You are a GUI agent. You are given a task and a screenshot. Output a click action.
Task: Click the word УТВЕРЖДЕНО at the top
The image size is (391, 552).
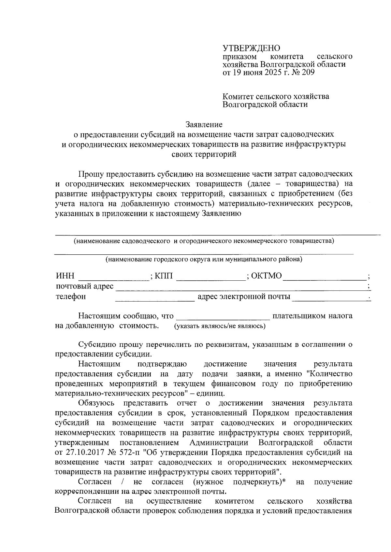251,48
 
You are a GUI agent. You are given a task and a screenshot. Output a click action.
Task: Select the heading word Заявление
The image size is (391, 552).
204,124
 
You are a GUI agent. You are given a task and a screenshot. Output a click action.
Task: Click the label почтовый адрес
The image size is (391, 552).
85,286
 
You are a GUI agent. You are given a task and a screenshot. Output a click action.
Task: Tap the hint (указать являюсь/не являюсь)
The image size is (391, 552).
220,326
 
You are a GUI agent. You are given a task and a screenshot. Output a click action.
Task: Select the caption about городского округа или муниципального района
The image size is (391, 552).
204,260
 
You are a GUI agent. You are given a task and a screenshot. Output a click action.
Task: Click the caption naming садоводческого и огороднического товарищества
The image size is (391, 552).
204,241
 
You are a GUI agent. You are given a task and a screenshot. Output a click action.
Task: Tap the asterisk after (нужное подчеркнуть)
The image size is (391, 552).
283,482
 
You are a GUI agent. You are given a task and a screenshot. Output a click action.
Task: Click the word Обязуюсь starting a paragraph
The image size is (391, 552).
96,403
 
